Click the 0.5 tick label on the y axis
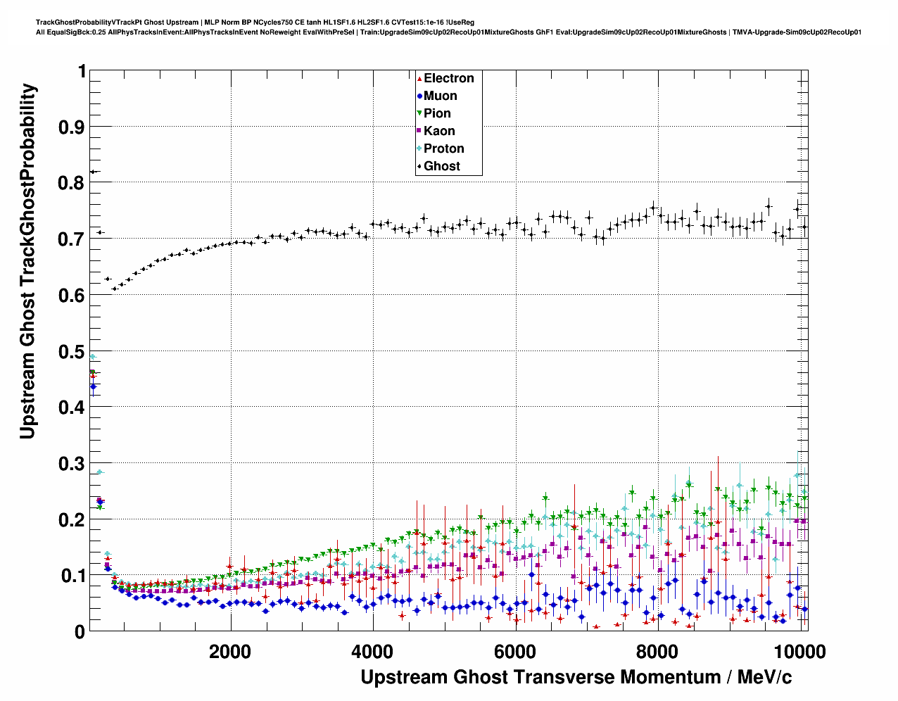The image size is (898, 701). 70,351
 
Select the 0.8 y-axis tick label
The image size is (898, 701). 70,183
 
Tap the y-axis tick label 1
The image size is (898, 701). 82,71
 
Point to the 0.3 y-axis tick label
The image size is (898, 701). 70,464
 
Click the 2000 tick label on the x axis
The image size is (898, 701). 230,652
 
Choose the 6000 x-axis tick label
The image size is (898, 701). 514,652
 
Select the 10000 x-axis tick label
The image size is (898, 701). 799,652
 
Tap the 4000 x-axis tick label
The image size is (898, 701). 372,652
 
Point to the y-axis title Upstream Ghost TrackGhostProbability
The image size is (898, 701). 27,260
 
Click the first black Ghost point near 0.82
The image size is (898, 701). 92,172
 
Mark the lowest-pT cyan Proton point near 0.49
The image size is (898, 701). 92,357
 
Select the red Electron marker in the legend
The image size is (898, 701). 419,79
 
